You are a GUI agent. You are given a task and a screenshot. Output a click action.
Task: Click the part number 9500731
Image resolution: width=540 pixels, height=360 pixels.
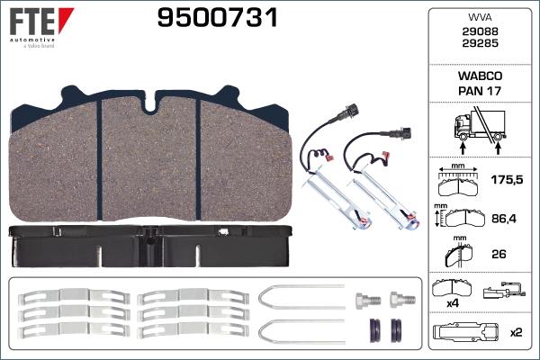(x=218, y=18)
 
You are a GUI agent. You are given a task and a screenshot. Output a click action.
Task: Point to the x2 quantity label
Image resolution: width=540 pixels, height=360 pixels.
(x=516, y=332)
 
